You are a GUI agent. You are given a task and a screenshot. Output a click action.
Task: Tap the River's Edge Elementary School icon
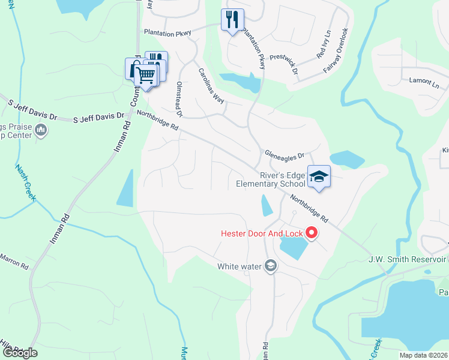click(x=319, y=176)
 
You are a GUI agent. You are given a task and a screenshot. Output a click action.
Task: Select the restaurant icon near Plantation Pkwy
click(x=232, y=20)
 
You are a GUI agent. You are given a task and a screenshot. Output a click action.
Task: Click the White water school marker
click(x=271, y=266)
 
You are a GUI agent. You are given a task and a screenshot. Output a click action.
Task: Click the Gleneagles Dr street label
click(x=285, y=154)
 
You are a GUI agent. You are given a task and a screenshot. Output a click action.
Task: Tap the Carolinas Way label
click(x=211, y=86)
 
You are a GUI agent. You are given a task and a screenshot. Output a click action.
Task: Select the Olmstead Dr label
click(x=179, y=99)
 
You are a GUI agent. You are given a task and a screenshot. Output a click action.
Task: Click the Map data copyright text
click(x=423, y=355)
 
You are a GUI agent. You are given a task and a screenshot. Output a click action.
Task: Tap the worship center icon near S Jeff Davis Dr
click(x=41, y=130)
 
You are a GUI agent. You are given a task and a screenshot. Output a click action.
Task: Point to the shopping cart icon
click(x=145, y=76)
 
